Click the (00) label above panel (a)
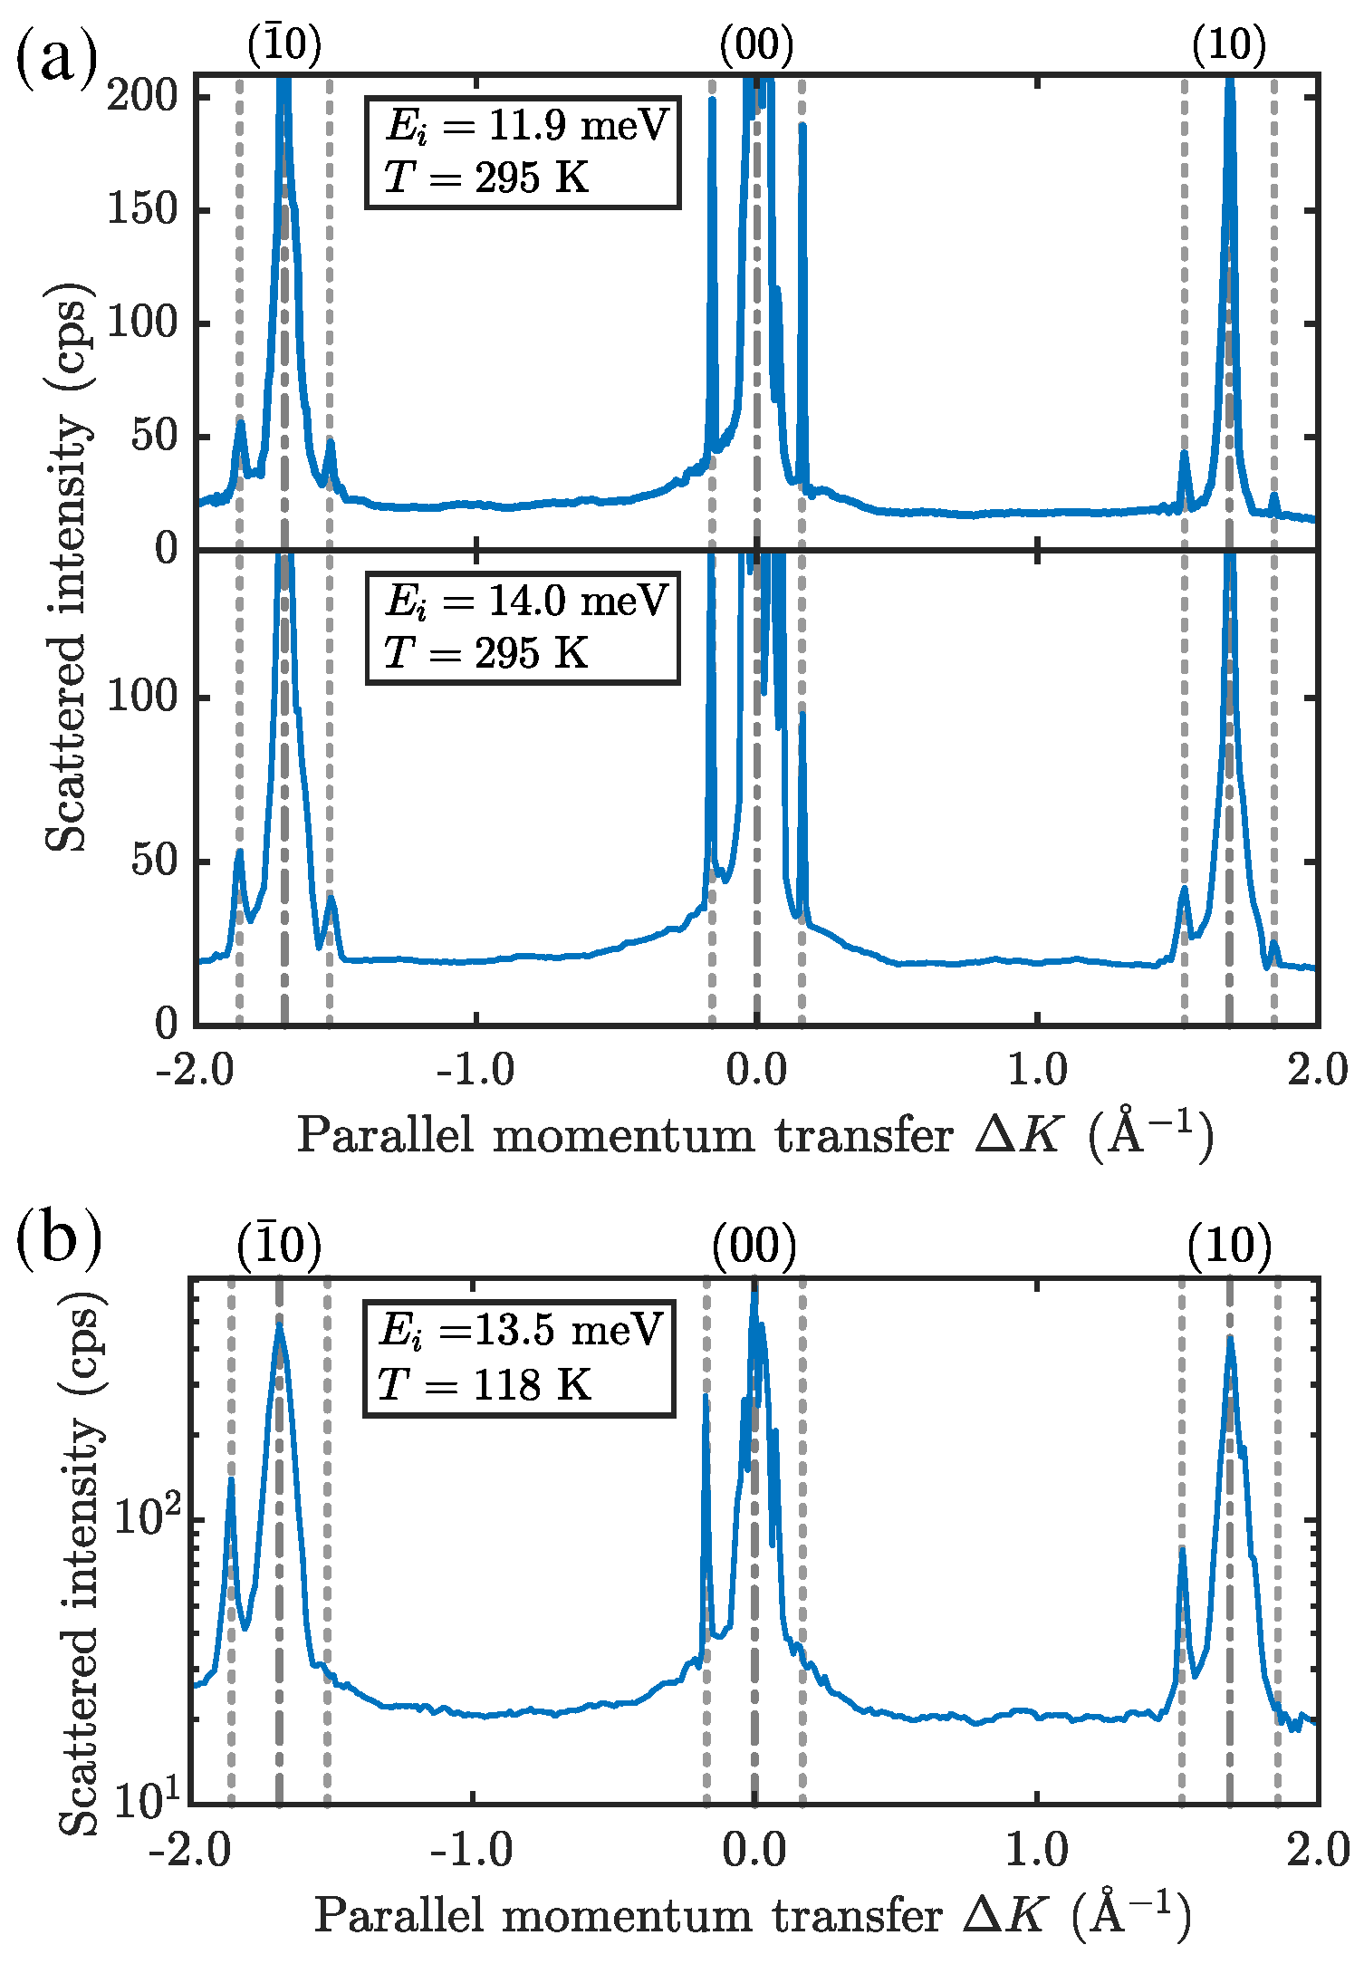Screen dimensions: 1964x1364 click(x=756, y=45)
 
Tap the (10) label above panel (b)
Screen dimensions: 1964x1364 click(x=1230, y=1247)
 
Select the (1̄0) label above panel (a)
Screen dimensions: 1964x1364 click(x=284, y=45)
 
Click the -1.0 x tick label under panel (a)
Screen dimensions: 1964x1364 click(x=475, y=1072)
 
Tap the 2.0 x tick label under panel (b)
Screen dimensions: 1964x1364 click(x=1319, y=1850)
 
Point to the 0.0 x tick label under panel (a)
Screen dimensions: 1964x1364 click(x=756, y=1072)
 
